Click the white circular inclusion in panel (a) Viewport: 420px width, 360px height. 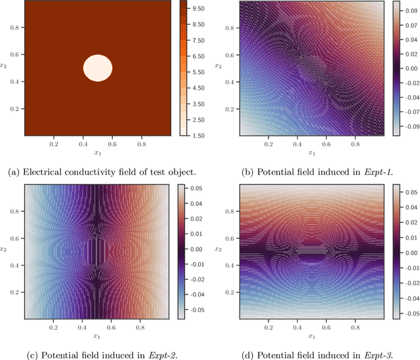tap(98, 68)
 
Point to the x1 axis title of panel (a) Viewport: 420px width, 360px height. tap(98, 152)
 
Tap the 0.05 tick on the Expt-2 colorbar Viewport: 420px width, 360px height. tap(195, 189)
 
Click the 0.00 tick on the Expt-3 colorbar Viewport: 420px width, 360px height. tap(409, 251)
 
